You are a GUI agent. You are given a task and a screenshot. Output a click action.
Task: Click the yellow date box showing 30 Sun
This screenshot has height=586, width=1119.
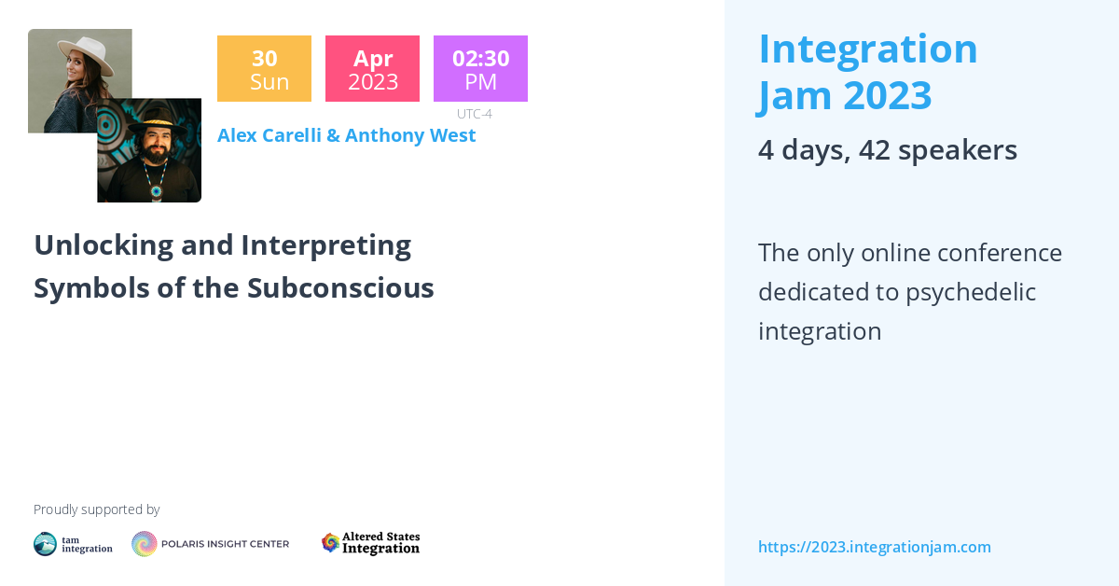coord(264,69)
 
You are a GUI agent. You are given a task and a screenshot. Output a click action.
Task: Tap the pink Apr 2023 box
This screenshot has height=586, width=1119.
coord(372,69)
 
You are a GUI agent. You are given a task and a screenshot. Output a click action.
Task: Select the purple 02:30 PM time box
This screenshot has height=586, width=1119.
coord(480,69)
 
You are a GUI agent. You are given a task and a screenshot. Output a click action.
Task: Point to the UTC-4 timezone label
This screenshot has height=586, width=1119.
coord(474,114)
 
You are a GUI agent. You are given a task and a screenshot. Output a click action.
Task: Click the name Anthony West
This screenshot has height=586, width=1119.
coord(410,135)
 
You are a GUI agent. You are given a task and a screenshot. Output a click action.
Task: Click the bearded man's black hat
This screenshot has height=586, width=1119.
coord(154,119)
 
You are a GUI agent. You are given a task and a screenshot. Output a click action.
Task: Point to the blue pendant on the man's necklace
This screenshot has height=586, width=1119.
coord(156,191)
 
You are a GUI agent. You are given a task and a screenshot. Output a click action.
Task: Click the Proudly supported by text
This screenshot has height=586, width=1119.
coord(96,509)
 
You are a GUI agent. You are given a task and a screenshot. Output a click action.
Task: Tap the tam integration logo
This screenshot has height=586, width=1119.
coord(73,544)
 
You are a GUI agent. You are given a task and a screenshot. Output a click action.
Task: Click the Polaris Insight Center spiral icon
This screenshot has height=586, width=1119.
coord(145,544)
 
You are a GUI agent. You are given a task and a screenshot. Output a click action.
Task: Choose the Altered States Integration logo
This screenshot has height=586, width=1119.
coord(371,543)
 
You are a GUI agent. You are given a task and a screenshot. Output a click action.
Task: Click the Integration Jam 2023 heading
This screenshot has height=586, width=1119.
coord(867,72)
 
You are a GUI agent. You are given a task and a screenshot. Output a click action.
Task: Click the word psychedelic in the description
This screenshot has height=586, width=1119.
coord(970,292)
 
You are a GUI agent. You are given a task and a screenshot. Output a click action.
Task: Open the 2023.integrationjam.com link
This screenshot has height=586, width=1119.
coord(874,547)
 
